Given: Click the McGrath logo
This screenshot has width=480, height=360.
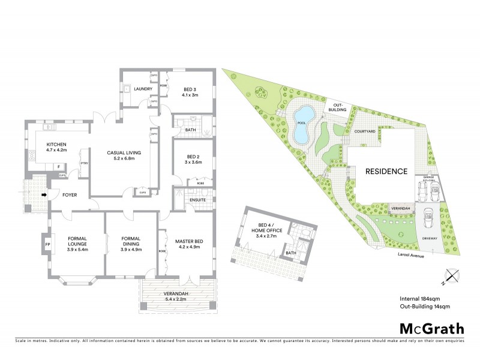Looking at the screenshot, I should tap(431, 328).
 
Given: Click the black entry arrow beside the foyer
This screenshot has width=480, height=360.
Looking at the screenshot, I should tap(44, 194).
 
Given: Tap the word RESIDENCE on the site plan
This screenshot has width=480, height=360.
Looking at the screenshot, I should tap(386, 172).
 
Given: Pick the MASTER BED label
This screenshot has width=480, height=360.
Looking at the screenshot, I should tap(189, 241).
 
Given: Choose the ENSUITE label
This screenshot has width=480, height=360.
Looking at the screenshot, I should tap(197, 200).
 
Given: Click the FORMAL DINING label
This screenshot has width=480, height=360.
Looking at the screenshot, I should tap(130, 241).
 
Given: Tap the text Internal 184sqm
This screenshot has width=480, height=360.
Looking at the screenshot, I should tap(419, 298).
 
